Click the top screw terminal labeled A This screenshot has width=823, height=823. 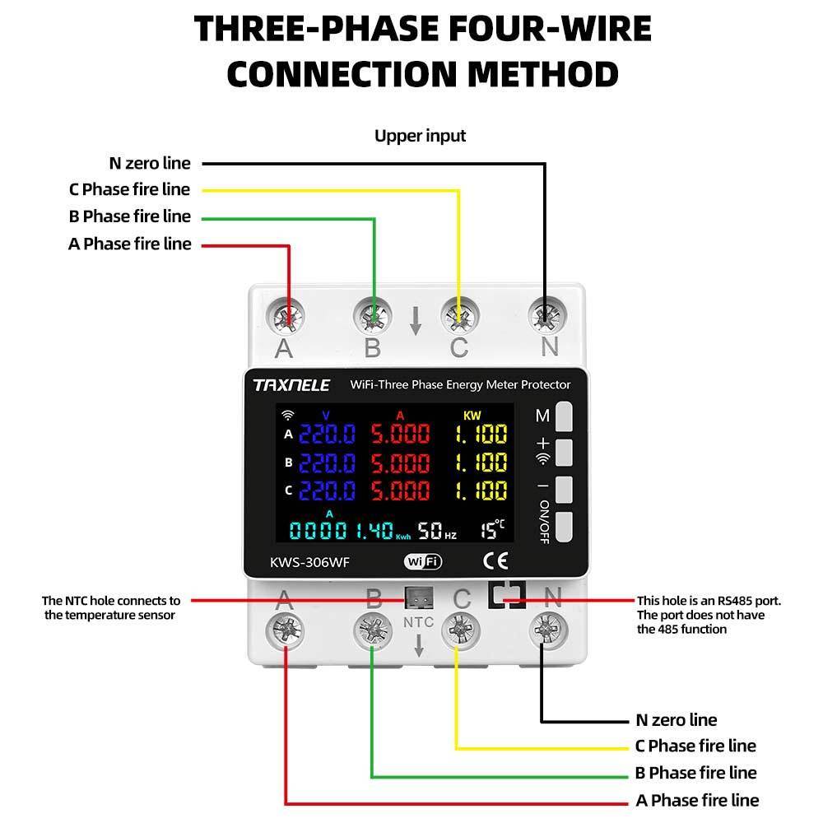point(287,315)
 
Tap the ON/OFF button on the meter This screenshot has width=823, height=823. point(564,527)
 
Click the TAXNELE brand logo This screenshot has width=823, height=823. point(291,384)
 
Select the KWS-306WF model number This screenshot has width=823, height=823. point(306,563)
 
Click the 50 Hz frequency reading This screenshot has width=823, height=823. point(436,529)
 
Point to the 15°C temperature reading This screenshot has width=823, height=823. point(493,529)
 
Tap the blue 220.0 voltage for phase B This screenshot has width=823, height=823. point(326,463)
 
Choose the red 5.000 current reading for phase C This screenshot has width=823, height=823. point(400,491)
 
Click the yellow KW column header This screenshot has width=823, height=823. point(472,416)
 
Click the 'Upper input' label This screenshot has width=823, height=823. point(420,136)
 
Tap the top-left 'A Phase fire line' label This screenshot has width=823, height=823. point(129,244)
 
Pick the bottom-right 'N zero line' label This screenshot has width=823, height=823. point(676,720)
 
